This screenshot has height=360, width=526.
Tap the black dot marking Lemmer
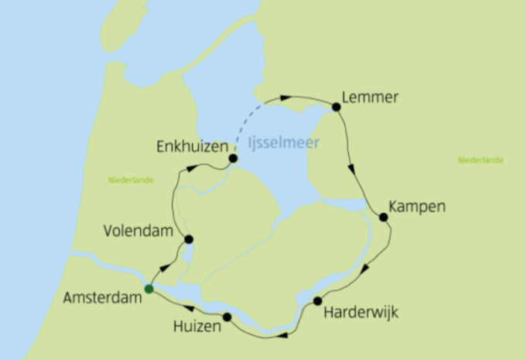pyautogui.click(x=336, y=106)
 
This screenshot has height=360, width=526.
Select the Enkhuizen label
pyautogui.click(x=191, y=146)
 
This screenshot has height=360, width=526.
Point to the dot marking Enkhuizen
pyautogui.click(x=233, y=159)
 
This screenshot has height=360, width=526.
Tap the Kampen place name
pyautogui.click(x=418, y=207)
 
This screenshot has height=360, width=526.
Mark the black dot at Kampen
pyautogui.click(x=383, y=217)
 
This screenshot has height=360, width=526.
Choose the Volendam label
pyautogui.click(x=134, y=231)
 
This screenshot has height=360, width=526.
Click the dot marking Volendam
pyautogui.click(x=188, y=239)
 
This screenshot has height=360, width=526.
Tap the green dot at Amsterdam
pyautogui.click(x=149, y=289)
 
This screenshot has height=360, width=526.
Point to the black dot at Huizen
pyautogui.click(x=227, y=317)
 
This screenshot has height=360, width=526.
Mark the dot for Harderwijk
pyautogui.click(x=317, y=300)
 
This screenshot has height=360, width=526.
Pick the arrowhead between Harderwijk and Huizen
pyautogui.click(x=282, y=335)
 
